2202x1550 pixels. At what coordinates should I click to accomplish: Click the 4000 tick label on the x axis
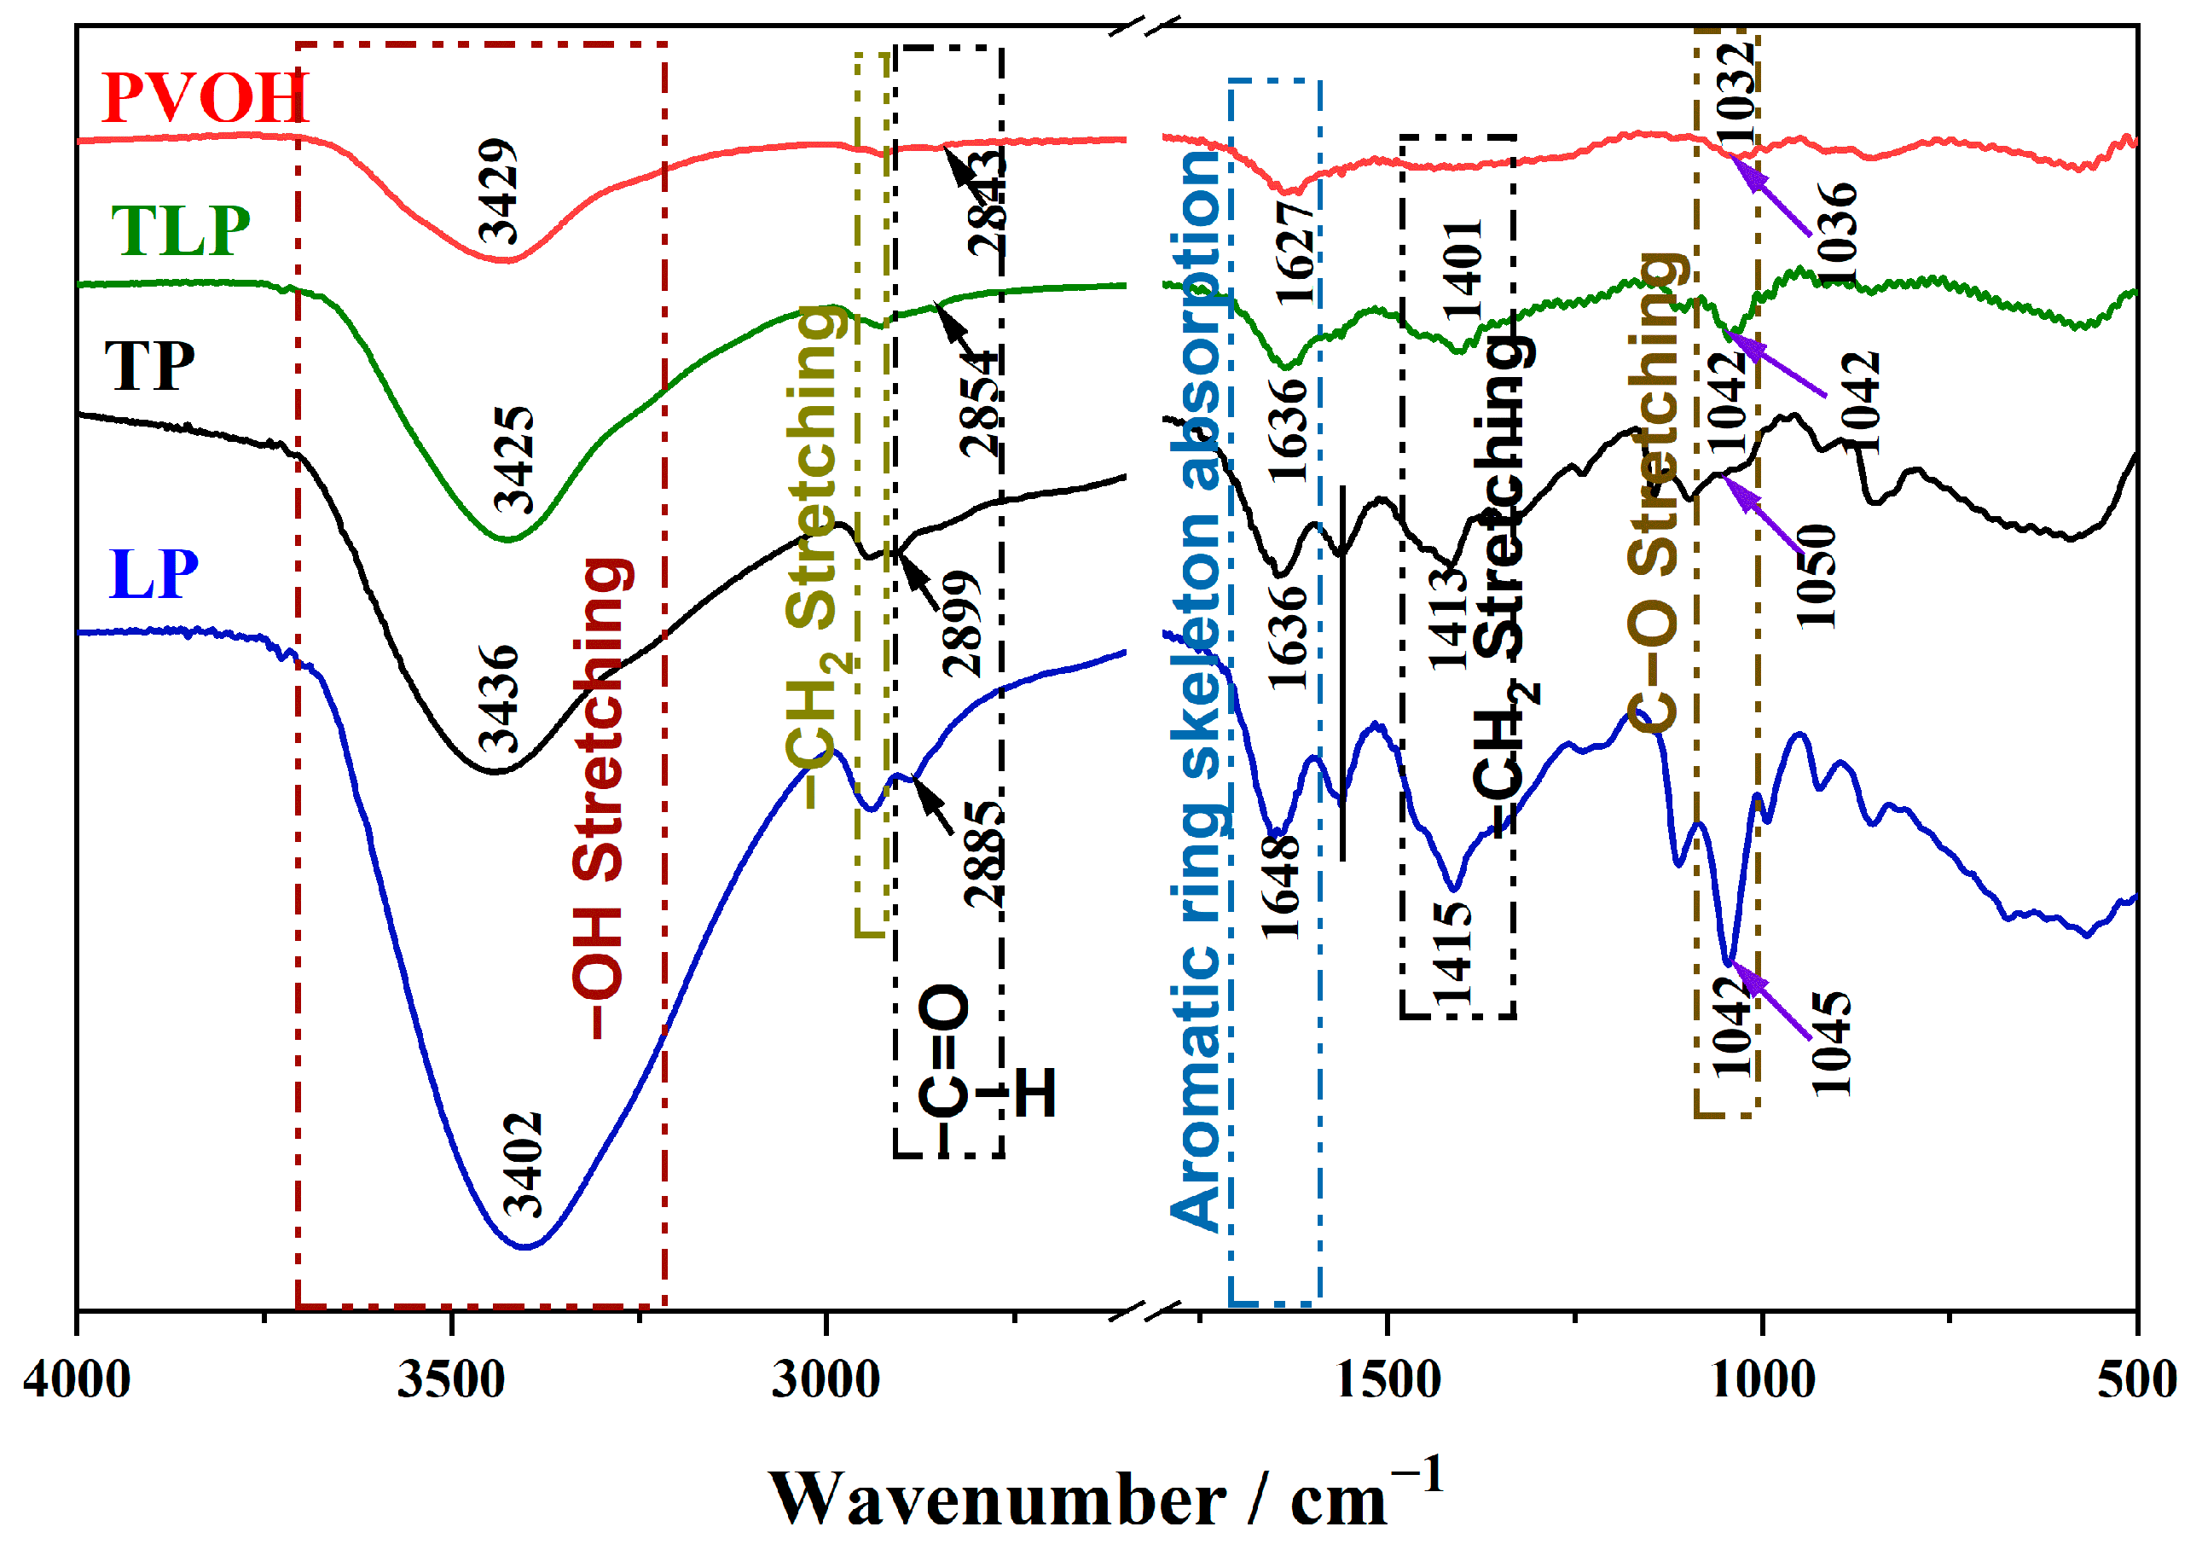[x=77, y=1380]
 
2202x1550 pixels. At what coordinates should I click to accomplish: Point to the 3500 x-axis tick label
[x=451, y=1380]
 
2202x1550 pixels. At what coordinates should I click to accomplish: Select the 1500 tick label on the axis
[x=1387, y=1380]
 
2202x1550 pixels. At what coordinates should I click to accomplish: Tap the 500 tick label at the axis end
[x=2135, y=1380]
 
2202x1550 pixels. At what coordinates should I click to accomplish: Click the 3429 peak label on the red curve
[x=499, y=191]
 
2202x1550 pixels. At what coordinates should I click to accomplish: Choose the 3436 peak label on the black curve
[x=499, y=699]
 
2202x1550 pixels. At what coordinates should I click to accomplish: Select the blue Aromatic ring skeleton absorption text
[x=1199, y=691]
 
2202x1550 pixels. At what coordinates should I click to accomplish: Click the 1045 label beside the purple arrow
[x=1830, y=1043]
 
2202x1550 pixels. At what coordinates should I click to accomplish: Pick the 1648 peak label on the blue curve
[x=1281, y=886]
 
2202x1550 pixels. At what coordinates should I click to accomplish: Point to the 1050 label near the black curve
[x=1816, y=576]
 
